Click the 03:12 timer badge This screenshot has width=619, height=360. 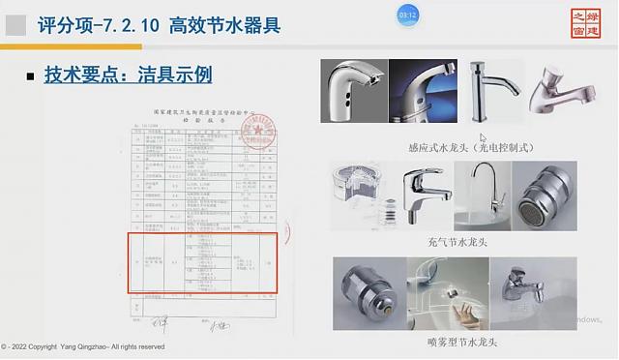tap(408, 15)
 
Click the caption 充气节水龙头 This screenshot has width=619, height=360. tap(453, 241)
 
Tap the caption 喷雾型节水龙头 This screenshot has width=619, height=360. tap(455, 342)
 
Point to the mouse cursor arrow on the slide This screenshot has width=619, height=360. tap(483, 138)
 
